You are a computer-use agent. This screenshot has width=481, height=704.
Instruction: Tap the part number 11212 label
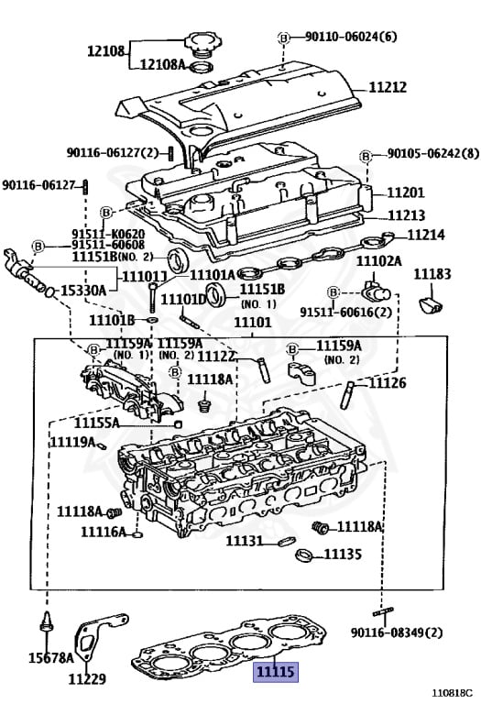[x=389, y=88]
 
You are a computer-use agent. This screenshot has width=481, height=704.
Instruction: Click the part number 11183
[x=432, y=274]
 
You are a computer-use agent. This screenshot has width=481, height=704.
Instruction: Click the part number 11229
[x=86, y=679]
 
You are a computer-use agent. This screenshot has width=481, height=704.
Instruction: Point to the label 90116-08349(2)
[x=396, y=632]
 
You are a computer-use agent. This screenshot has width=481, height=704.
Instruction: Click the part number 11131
[x=245, y=542]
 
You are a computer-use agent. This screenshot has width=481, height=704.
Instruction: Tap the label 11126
[x=387, y=383]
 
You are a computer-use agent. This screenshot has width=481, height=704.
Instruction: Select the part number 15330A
[x=82, y=290]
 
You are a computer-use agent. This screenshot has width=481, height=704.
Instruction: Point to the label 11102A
[x=378, y=261]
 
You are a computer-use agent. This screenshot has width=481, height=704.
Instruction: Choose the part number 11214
[x=426, y=235]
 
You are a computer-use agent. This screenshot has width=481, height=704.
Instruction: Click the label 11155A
[x=122, y=423]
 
